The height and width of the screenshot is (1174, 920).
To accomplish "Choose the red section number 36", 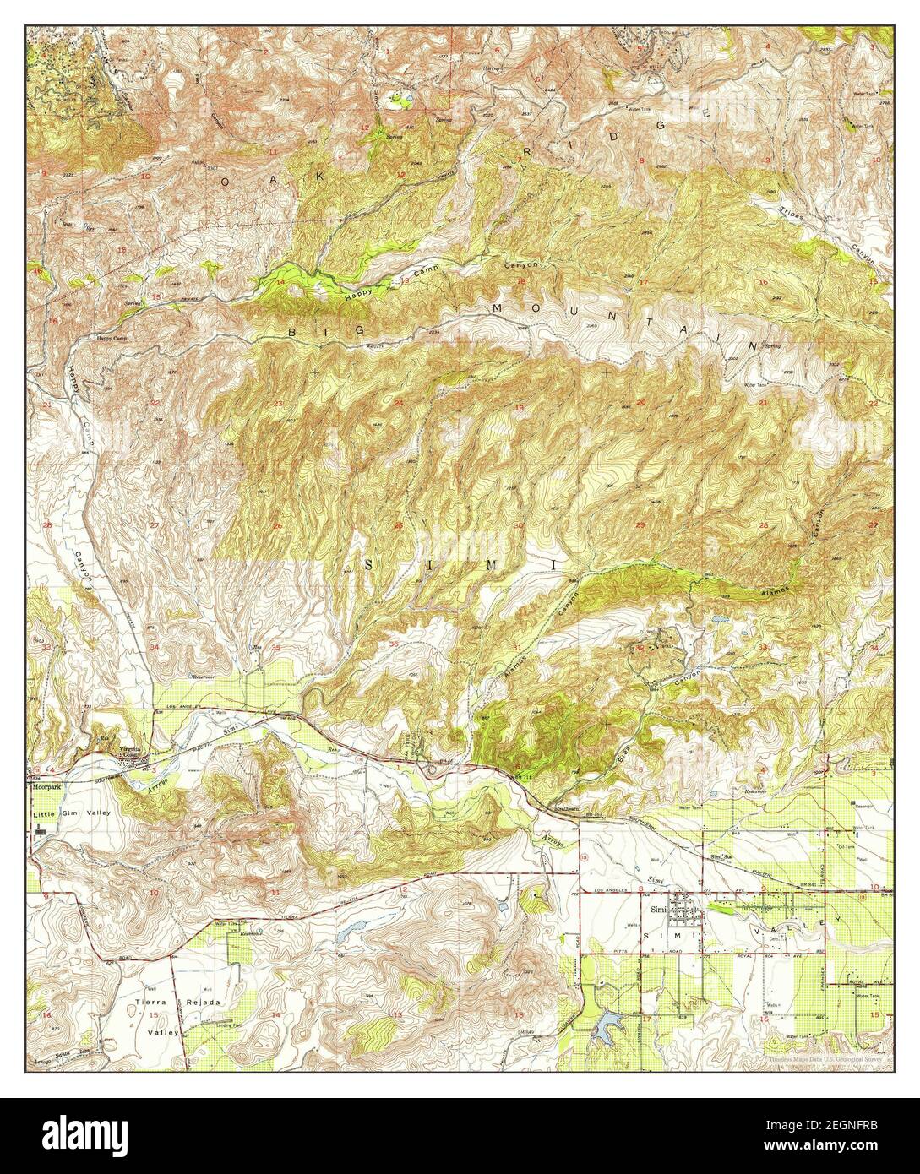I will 395,645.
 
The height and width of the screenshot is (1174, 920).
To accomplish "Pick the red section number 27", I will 154,525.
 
